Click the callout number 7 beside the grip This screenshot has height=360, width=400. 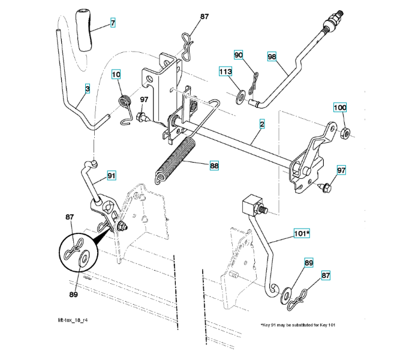click(x=112, y=23)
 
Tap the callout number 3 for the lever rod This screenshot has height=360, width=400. click(x=88, y=89)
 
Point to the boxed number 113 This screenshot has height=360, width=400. click(x=225, y=72)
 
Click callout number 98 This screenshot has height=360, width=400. click(x=272, y=56)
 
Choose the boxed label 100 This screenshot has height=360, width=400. click(x=339, y=108)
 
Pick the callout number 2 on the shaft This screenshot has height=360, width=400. click(x=262, y=124)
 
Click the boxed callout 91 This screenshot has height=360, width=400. click(x=112, y=175)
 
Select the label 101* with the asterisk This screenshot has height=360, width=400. click(x=301, y=233)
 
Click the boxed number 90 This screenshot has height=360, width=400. click(x=239, y=55)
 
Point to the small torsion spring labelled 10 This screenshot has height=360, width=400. click(x=125, y=101)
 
